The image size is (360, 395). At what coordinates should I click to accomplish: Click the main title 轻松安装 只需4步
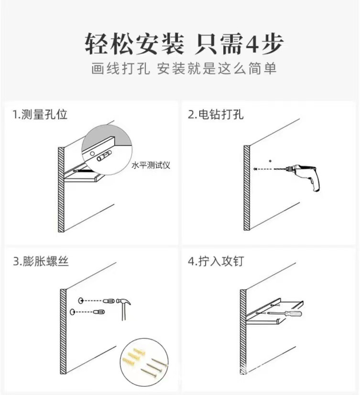coord(184,44)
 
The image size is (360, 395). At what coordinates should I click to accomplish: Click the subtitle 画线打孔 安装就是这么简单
coord(184,68)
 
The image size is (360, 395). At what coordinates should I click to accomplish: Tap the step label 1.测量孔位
coord(40,114)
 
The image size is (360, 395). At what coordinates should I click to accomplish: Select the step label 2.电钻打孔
coord(216,114)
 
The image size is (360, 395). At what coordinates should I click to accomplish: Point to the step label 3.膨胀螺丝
coord(41,261)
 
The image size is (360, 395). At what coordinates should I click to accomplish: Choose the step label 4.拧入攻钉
coord(216,261)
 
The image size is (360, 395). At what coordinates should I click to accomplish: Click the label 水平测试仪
coord(151,165)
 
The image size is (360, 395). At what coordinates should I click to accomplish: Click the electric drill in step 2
coord(303,176)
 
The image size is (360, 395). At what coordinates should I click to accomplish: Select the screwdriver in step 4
coord(284,314)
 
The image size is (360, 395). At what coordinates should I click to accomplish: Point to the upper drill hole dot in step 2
coord(270,160)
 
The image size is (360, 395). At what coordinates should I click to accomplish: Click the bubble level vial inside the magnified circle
coord(104,156)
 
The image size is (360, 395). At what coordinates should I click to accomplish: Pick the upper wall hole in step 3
coord(81,300)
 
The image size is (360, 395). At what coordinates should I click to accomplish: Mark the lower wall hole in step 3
coord(73,312)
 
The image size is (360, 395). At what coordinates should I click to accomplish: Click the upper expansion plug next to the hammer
coord(109,301)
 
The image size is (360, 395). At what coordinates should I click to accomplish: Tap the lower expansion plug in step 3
coord(99,312)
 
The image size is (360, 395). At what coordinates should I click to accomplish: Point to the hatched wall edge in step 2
coord(247,188)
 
